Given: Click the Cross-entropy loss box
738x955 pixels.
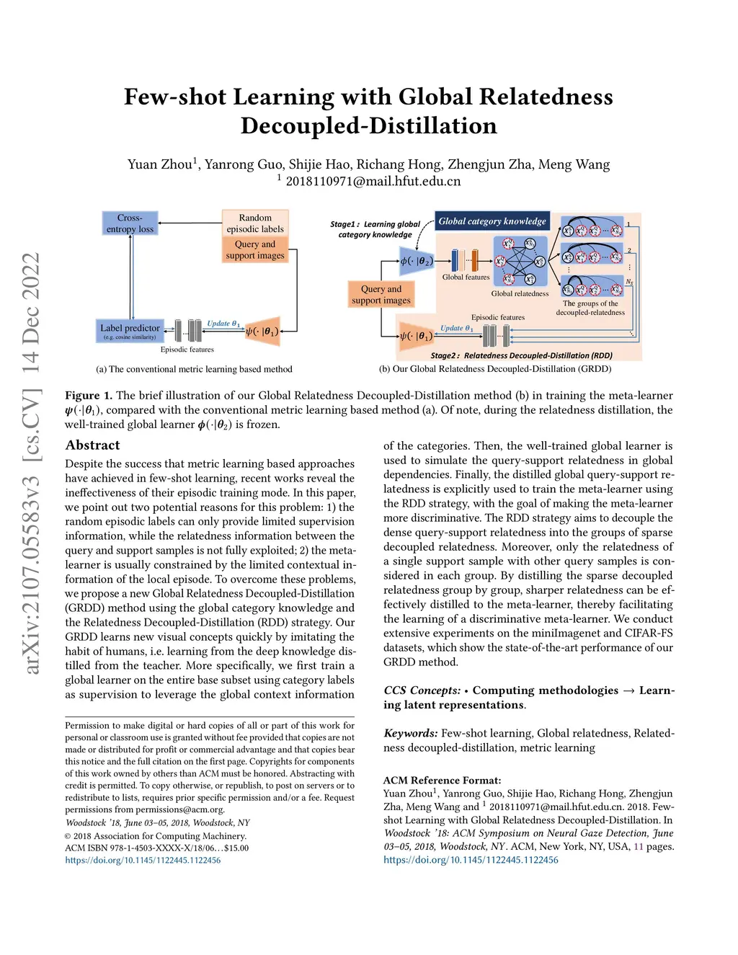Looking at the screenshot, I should coord(130,223).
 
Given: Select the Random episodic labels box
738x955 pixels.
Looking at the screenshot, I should coord(255,223).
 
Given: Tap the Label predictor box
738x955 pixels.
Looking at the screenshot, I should coord(130,331).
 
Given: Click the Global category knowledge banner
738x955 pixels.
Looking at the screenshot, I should coord(492,221).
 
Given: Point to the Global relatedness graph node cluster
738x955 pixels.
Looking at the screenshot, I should coord(520,262).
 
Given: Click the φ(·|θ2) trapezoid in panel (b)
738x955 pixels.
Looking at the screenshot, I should coord(417,261).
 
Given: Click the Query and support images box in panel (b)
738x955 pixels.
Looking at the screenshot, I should coord(381,295).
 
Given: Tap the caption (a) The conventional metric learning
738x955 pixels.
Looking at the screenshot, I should coord(194,369).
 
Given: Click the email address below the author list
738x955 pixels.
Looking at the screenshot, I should coord(373,181).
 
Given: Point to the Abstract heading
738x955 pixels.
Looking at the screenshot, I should coord(92,445).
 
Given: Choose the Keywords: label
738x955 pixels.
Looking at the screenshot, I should coord(410,733).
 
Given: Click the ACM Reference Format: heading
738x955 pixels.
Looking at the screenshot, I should coord(442,780).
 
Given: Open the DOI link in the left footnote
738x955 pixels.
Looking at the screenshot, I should coord(143,860).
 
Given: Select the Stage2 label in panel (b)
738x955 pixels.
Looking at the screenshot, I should coord(445,355).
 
